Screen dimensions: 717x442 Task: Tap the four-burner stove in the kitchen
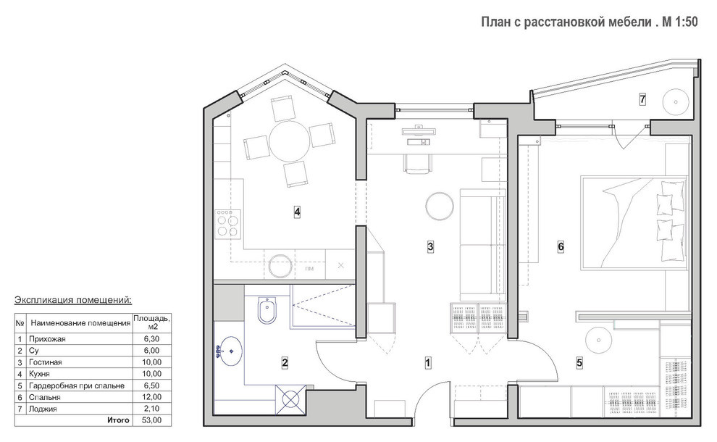(228, 224)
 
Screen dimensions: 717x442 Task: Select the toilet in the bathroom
(266, 311)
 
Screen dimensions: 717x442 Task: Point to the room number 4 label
(297, 212)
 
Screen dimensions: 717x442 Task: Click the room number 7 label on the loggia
(642, 99)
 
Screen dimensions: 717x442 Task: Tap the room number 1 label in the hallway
(428, 363)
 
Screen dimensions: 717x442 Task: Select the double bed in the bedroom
(634, 222)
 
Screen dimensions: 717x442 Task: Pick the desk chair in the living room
(417, 164)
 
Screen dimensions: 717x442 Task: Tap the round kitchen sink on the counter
(280, 266)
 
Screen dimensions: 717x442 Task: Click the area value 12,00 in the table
(152, 397)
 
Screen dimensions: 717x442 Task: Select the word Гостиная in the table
(46, 362)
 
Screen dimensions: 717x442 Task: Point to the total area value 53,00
(152, 420)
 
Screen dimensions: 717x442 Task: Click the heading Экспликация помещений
(73, 300)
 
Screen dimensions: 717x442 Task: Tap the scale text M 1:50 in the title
(680, 22)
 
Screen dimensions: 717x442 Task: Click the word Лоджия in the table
(43, 409)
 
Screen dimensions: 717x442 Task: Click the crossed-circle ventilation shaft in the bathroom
(290, 399)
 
